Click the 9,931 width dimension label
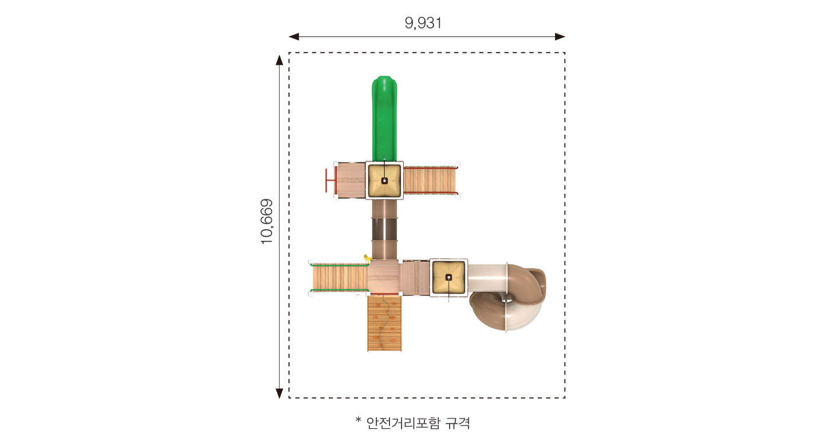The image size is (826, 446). pos(423,23)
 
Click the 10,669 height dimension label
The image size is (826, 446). pos(266,221)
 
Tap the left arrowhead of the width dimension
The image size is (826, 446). pos(293,37)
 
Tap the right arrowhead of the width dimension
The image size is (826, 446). pos(560,37)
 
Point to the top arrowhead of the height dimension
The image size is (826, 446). pos(280,60)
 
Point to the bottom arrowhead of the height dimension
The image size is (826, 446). pos(280,393)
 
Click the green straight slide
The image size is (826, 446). pos(384,119)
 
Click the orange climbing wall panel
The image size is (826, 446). pos(384,323)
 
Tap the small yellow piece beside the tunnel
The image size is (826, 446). pos(367,258)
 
